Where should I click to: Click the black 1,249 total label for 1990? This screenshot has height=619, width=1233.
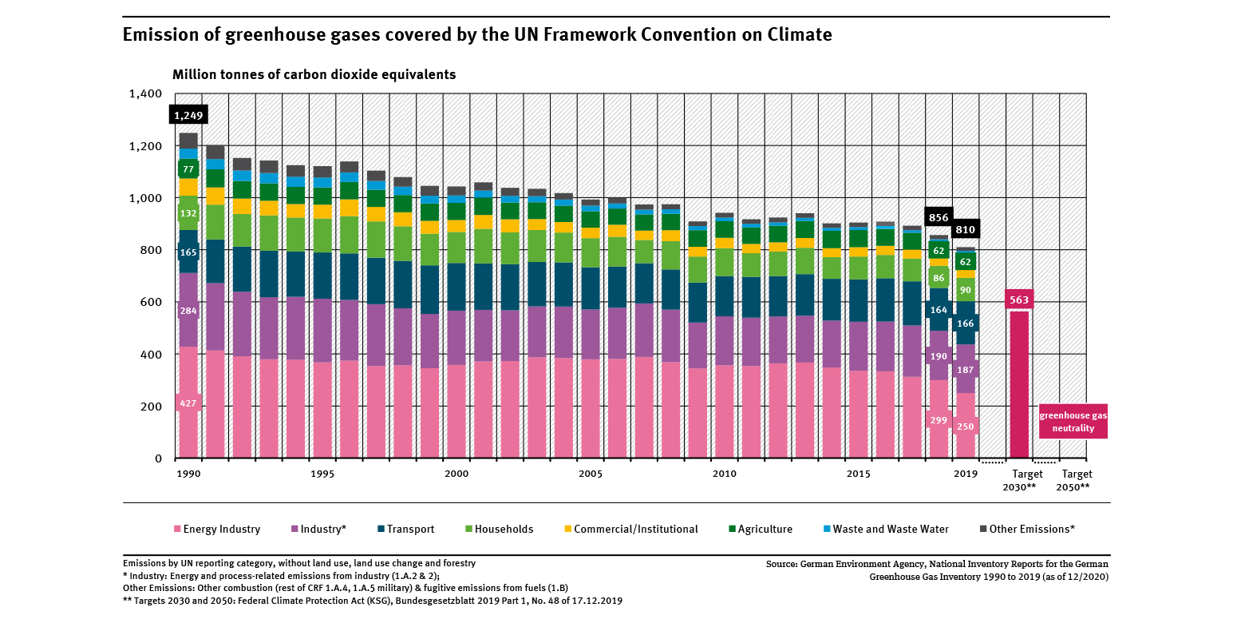click(x=188, y=115)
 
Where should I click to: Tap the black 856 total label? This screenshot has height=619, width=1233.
click(x=939, y=217)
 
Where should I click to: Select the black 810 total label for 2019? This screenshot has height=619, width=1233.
click(x=966, y=230)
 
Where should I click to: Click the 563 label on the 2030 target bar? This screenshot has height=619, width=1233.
click(x=1019, y=300)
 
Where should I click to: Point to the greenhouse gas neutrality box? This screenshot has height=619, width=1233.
click(x=1073, y=422)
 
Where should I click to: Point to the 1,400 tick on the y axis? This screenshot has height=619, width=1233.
click(x=144, y=93)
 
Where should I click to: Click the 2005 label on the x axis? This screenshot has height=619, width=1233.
click(x=591, y=474)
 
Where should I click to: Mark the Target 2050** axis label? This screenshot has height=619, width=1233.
click(x=1073, y=480)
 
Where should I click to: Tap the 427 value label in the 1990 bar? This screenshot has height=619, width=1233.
click(x=188, y=403)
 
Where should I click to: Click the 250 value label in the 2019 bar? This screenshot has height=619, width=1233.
click(x=966, y=427)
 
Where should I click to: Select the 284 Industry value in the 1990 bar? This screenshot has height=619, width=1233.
click(x=188, y=310)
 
